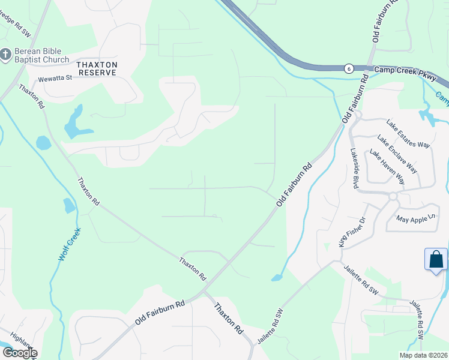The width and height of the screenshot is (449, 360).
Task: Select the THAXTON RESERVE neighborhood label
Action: tap(96, 68)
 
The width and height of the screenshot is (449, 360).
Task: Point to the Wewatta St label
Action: tap(55, 78)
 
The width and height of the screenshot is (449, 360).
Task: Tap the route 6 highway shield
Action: tap(348, 69)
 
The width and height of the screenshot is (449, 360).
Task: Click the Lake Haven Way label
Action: tap(387, 167)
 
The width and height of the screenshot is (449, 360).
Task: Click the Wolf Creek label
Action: tap(69, 243)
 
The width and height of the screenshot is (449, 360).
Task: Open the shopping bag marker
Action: tap(436, 260)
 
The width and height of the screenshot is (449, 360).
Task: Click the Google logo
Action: tap(19, 353)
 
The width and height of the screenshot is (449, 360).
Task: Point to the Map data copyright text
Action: tap(423, 355)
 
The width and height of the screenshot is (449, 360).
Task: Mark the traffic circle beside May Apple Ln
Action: tap(393, 196)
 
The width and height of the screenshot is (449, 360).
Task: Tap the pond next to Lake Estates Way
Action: tap(427, 115)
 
